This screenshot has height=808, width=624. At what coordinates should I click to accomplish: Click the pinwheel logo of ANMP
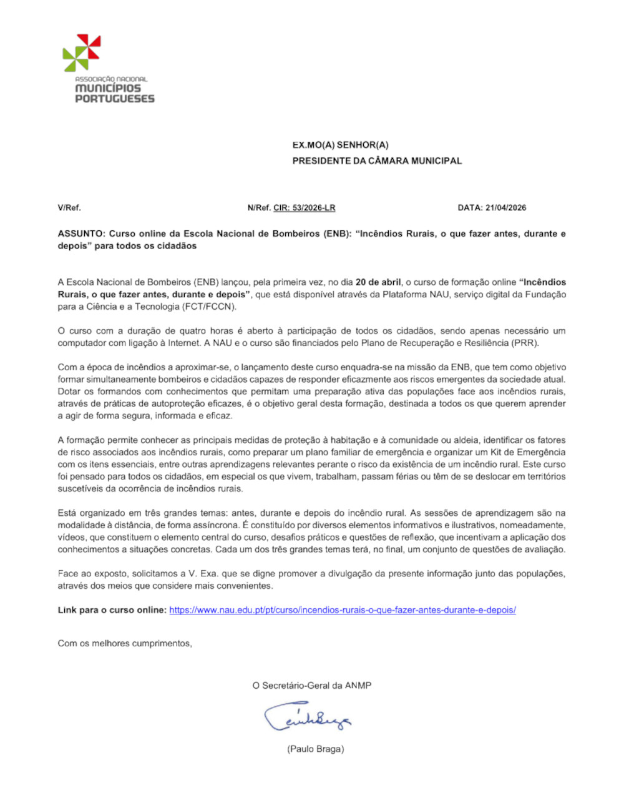click(x=81, y=52)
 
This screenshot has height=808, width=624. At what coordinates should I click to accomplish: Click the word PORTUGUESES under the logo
click(x=114, y=99)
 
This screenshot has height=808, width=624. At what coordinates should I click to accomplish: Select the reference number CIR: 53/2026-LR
click(x=304, y=208)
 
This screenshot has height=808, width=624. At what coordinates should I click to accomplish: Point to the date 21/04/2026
click(x=505, y=208)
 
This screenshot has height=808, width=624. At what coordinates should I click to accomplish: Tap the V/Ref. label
click(x=69, y=208)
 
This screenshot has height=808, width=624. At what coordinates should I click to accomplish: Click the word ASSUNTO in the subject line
click(x=80, y=234)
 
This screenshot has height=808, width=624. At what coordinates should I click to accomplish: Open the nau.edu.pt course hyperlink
click(x=342, y=610)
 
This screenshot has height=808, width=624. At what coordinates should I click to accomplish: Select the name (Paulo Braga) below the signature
click(x=315, y=749)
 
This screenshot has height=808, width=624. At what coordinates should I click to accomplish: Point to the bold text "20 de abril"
click(x=378, y=282)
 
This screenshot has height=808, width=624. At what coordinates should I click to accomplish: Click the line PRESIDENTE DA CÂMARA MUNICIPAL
click(x=377, y=160)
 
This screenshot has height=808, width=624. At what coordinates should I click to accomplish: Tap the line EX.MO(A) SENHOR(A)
click(x=340, y=145)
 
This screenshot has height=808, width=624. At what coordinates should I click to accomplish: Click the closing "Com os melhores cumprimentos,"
click(x=125, y=643)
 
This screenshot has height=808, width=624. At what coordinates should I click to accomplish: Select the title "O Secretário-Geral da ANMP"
click(x=311, y=686)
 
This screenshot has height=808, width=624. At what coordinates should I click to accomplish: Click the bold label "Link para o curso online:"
click(x=112, y=610)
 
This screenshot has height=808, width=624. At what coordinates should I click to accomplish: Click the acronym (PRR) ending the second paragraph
click(x=525, y=343)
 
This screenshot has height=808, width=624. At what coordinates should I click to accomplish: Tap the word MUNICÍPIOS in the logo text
click(x=108, y=89)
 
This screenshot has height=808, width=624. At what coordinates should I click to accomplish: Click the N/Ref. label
click(x=259, y=208)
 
